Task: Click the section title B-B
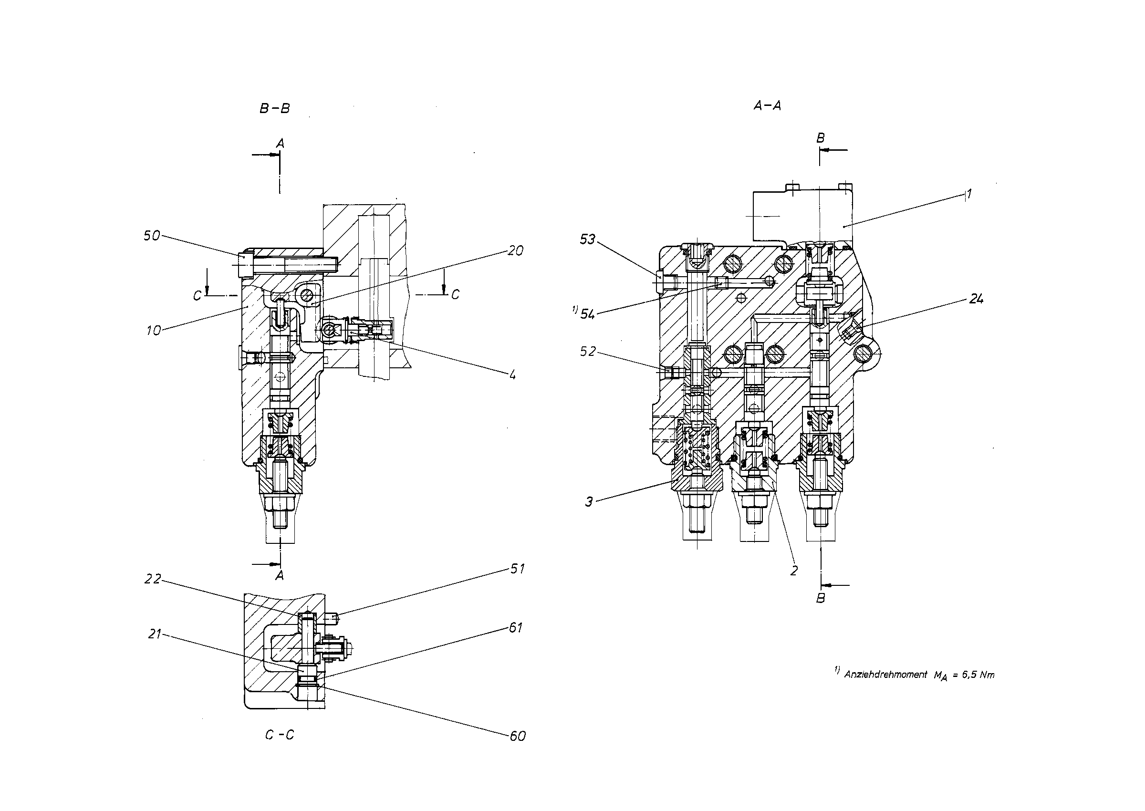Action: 275,108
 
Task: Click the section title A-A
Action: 767,105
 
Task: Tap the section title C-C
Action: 280,735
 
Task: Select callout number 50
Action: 152,236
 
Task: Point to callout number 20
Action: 515,250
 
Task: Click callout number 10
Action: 154,330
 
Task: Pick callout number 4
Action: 512,374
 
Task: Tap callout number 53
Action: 588,239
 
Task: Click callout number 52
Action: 588,352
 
